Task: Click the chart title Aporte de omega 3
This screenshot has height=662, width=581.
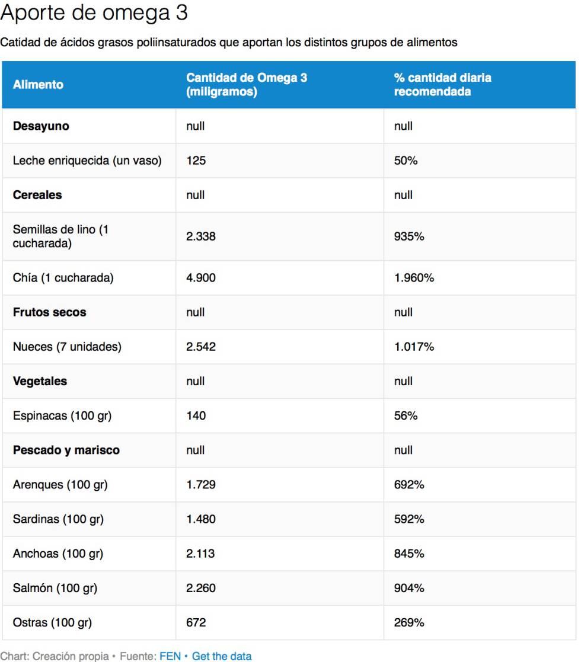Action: [94, 13]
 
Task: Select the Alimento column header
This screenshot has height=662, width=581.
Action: [38, 85]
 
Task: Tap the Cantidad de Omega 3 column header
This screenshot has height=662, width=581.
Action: [247, 85]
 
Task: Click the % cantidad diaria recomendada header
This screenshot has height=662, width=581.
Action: [442, 85]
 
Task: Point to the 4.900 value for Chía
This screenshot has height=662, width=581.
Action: [200, 278]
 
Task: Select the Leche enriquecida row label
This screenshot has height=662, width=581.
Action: [87, 161]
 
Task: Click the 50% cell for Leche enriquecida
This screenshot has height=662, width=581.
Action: [406, 161]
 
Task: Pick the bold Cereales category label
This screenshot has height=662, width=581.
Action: [37, 195]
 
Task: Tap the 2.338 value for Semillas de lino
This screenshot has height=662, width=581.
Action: [200, 236]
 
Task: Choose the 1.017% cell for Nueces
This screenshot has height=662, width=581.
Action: [414, 347]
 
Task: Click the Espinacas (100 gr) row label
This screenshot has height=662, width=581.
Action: [62, 416]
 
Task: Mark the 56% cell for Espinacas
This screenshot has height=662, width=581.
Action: [406, 416]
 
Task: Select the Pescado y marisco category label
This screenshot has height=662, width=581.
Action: [66, 450]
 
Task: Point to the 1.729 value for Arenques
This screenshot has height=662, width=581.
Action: [200, 485]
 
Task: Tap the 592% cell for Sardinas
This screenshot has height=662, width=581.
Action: [409, 519]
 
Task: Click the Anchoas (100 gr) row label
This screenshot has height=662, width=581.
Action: [58, 554]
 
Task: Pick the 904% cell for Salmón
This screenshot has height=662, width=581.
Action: [409, 588]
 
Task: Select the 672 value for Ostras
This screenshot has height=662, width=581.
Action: [196, 623]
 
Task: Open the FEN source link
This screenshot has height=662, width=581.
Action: [170, 656]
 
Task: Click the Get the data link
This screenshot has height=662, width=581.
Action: [221, 656]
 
